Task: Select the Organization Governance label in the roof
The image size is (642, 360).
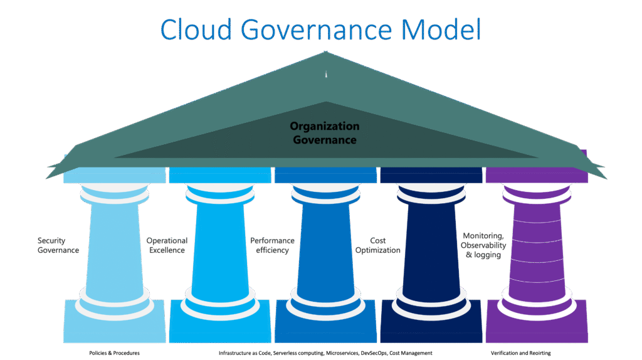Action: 325,133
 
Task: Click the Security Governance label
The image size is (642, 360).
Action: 58,245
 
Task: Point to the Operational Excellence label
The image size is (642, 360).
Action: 166,245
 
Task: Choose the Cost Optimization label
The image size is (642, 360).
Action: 378,245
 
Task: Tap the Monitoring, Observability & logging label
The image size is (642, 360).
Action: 483,245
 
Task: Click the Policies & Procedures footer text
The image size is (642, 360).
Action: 114,353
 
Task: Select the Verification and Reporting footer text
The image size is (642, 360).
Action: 521,353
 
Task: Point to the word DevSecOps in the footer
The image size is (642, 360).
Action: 375,353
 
